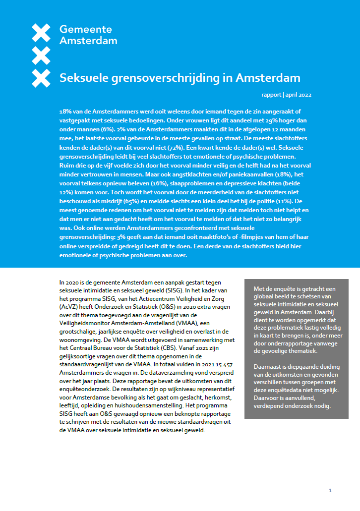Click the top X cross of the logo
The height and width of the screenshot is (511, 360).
(41, 33)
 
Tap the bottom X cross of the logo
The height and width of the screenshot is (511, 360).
(41, 78)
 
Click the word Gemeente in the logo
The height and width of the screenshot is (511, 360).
(86, 30)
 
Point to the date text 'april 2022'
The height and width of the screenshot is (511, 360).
(299, 95)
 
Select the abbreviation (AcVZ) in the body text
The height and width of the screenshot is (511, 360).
(69, 307)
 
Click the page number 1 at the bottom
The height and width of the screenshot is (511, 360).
(330, 491)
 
